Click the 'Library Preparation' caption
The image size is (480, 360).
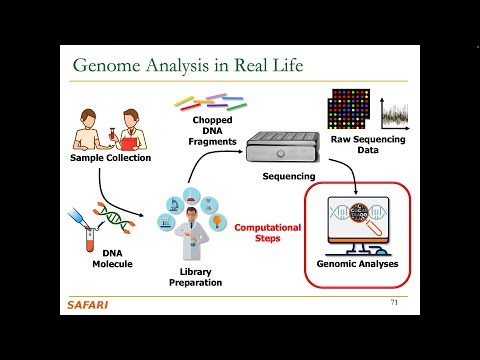click(x=194, y=278)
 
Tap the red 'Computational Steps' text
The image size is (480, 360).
click(x=267, y=233)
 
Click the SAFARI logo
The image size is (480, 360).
click(x=88, y=304)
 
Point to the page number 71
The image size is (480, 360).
click(x=393, y=302)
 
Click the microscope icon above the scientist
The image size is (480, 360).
click(x=172, y=204)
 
